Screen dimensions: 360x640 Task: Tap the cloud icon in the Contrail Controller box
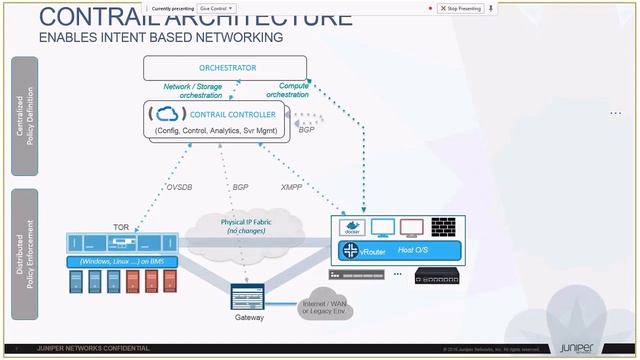(168, 115)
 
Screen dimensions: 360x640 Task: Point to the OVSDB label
(179, 186)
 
